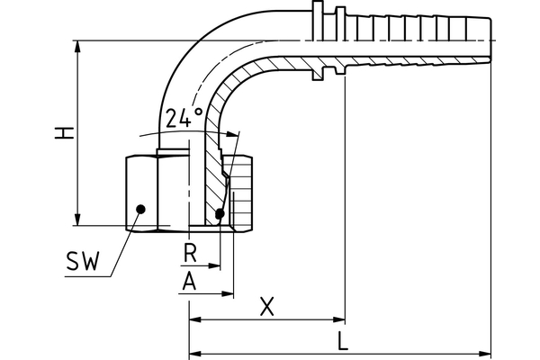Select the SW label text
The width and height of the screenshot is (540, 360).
point(84,263)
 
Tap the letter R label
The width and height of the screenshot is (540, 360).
point(189,252)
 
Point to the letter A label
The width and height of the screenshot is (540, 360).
point(189,281)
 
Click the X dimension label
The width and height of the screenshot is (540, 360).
point(266,306)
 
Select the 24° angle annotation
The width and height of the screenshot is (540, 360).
point(184,118)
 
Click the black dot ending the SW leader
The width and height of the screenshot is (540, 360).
point(140,210)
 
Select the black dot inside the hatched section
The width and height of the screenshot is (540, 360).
point(220,213)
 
